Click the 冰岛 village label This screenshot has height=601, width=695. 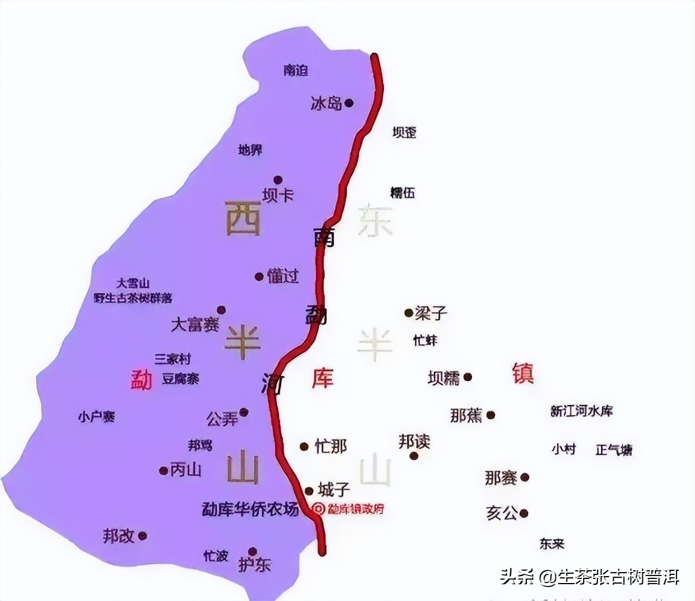point(326,104)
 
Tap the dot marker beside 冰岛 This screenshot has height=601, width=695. point(349,103)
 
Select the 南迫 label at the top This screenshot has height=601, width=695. point(296,70)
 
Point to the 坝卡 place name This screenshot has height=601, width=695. point(278,195)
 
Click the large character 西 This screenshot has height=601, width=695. point(243,218)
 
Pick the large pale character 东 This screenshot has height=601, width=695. point(375,220)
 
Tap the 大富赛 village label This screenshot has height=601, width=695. point(195,324)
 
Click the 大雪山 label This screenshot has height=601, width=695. point(133,284)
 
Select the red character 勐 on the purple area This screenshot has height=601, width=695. point(141,380)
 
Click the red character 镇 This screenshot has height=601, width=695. point(523,373)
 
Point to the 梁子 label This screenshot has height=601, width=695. point(431,313)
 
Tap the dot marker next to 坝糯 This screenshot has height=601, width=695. point(468,377)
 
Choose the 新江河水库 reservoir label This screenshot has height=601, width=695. point(581,411)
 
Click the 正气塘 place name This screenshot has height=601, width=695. point(614,450)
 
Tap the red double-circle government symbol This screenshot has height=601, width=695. point(317,509)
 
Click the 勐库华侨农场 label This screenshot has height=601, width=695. point(250,509)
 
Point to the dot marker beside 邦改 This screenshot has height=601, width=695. point(143,536)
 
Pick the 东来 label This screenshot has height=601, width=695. point(552,544)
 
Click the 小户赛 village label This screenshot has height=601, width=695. point(96,417)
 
